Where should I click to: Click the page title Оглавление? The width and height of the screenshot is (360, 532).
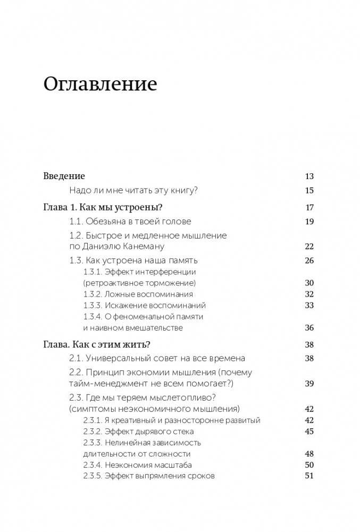click(100, 84)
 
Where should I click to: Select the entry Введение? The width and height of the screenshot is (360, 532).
click(64, 176)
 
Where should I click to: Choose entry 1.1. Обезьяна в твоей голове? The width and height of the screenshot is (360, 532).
click(130, 222)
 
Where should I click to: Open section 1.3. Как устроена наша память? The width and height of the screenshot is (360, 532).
click(133, 261)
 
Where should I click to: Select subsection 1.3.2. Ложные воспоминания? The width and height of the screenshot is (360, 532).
click(138, 294)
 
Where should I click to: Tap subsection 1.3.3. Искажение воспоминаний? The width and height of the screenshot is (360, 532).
click(144, 306)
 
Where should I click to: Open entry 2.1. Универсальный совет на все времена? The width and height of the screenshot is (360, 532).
click(157, 359)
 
